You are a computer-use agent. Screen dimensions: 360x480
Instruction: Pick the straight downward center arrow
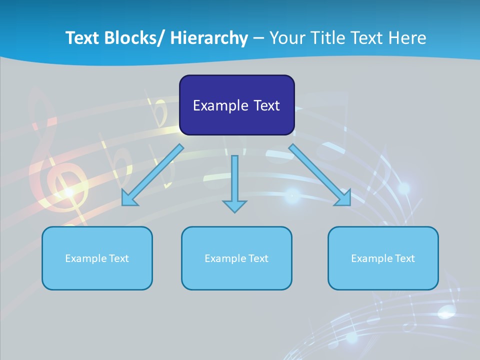(x=234, y=180)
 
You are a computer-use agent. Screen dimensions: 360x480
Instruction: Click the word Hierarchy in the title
(x=209, y=38)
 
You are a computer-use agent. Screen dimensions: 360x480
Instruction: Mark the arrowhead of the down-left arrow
(x=129, y=198)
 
